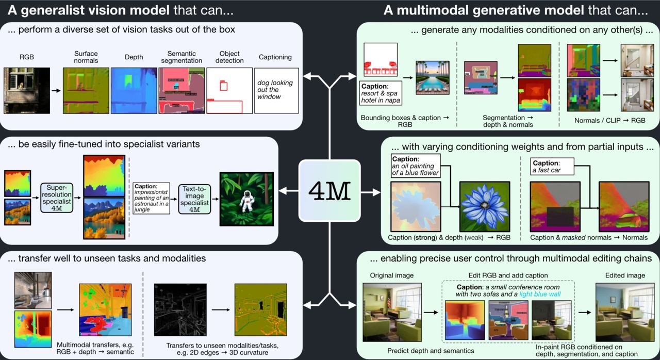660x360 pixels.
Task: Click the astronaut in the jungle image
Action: tap(246, 199)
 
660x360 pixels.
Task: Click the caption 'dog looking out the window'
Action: tap(275, 90)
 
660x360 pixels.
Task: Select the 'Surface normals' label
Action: tap(86, 57)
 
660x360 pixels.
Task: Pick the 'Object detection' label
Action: tap(229, 57)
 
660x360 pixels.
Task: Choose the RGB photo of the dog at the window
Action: tap(26, 90)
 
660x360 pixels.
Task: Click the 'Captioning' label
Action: tap(275, 57)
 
